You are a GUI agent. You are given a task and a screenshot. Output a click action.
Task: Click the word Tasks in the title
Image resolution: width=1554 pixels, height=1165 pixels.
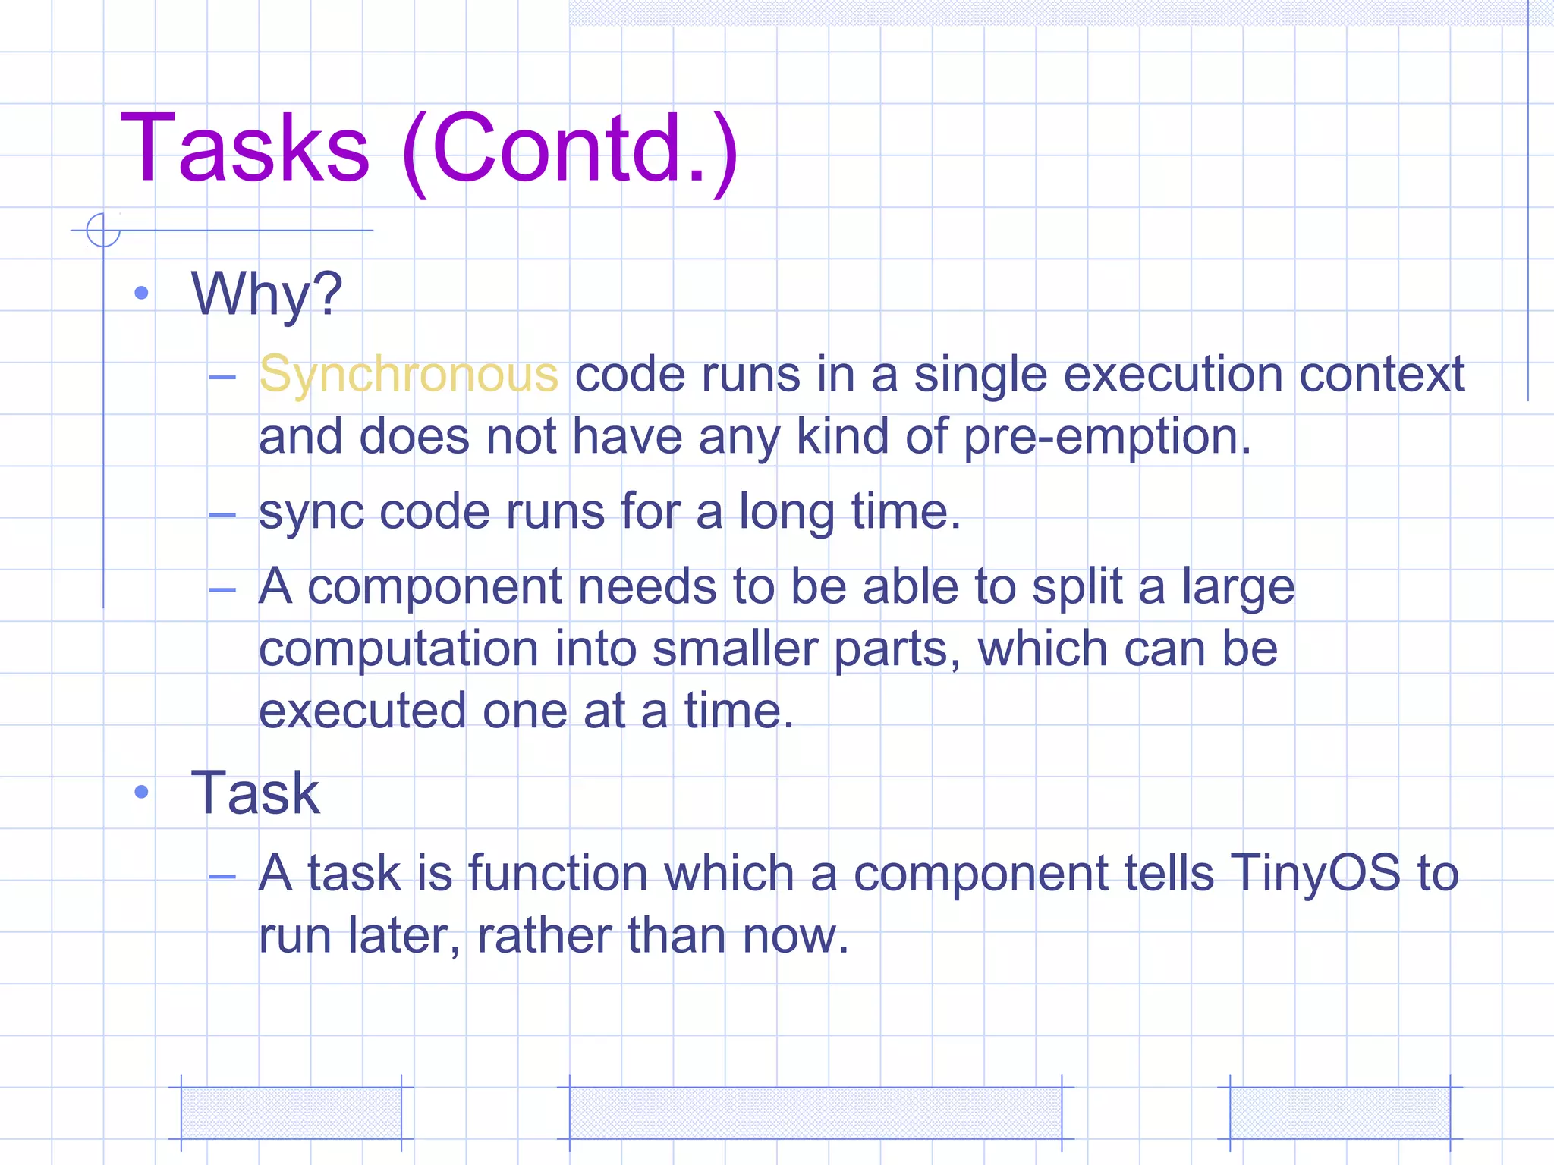[x=244, y=149]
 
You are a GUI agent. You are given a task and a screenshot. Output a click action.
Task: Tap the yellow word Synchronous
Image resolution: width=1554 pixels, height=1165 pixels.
[x=408, y=375]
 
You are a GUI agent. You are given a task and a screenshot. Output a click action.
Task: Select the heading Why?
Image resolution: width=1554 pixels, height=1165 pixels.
[x=266, y=294]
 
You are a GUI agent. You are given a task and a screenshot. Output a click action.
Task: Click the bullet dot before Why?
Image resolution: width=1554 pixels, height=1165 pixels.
[x=141, y=294]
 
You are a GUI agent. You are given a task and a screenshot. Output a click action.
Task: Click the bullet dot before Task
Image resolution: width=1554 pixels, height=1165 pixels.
[x=141, y=793]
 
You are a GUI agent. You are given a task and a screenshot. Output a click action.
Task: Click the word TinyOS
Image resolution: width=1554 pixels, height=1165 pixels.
[x=1315, y=873]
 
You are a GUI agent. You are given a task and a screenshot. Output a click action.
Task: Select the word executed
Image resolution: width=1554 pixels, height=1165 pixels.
[x=362, y=711]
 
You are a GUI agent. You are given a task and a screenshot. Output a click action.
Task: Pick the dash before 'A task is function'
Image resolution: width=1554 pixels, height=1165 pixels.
[x=222, y=877]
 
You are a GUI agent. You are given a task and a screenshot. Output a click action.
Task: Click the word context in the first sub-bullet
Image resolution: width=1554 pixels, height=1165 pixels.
[x=1381, y=375]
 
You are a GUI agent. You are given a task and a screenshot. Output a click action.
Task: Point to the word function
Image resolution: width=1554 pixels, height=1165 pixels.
[x=558, y=873]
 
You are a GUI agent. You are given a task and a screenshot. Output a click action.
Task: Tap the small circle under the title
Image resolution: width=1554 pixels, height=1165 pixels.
[x=103, y=230]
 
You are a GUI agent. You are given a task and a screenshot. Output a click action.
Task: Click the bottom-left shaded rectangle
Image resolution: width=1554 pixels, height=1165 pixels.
[x=291, y=1113]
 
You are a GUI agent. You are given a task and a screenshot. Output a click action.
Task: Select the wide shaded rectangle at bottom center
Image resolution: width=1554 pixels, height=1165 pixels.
[x=815, y=1113]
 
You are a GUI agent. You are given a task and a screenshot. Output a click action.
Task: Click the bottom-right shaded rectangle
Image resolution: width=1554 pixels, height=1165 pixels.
[x=1340, y=1113]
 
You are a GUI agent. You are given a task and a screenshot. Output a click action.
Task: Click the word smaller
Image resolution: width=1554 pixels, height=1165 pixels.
[x=733, y=650]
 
